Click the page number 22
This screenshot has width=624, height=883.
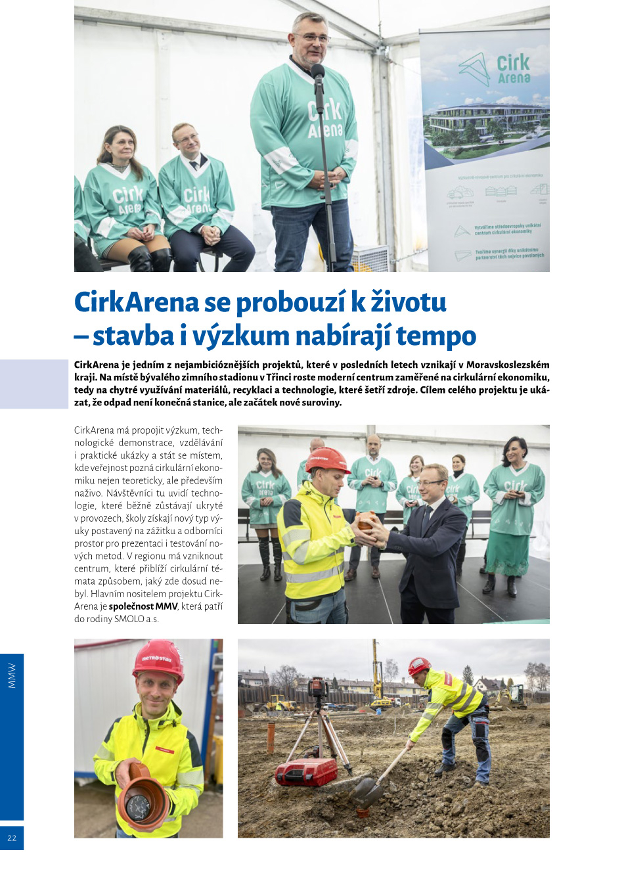(x=12, y=838)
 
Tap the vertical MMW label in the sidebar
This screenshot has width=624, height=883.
(x=12, y=675)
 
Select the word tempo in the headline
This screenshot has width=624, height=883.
(x=435, y=336)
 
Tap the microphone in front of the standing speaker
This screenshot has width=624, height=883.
(x=319, y=73)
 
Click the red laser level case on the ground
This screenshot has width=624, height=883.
(x=305, y=772)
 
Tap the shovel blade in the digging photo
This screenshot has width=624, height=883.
(x=367, y=790)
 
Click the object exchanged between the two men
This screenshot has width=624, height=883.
(x=367, y=522)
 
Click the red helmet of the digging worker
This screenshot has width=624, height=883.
(x=418, y=666)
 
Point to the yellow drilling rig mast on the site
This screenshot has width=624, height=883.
(x=376, y=670)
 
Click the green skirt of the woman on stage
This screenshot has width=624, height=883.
(x=508, y=553)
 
